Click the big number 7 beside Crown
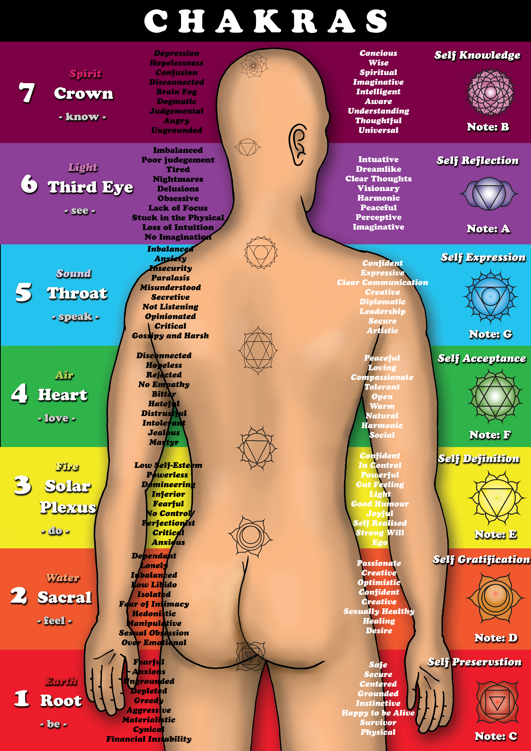pyautogui.click(x=27, y=93)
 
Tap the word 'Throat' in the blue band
pyautogui.click(x=77, y=293)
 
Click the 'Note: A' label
pyautogui.click(x=488, y=229)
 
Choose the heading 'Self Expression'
pyautogui.click(x=483, y=257)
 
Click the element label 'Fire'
pyautogui.click(x=67, y=466)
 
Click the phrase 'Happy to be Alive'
pyautogui.click(x=378, y=713)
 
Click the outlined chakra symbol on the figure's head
pyautogui.click(x=254, y=65)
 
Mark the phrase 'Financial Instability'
pyautogui.click(x=149, y=739)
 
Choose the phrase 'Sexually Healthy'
pyautogui.click(x=379, y=611)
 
